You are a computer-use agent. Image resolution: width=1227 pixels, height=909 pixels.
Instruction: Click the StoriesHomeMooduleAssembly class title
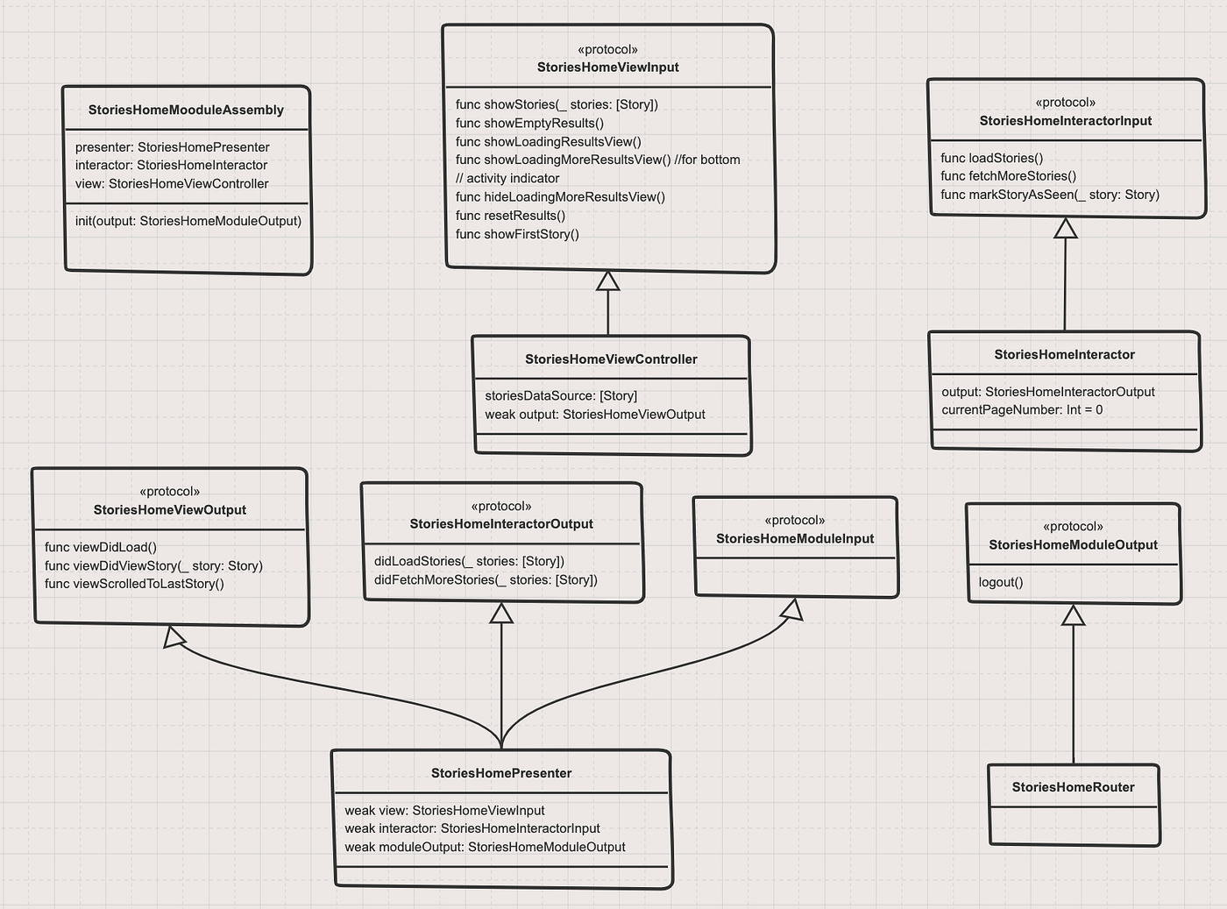click(186, 110)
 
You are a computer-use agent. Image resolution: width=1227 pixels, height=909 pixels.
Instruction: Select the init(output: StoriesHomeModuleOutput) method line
click(188, 221)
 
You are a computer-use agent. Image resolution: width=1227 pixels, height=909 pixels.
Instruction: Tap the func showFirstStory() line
click(517, 234)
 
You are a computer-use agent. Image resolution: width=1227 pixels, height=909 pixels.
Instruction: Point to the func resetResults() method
click(510, 216)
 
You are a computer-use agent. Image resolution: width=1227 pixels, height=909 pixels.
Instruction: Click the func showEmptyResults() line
click(529, 124)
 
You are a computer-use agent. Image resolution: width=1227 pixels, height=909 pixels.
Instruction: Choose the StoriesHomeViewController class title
click(611, 359)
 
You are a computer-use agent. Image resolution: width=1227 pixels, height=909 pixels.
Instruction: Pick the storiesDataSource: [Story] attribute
click(561, 396)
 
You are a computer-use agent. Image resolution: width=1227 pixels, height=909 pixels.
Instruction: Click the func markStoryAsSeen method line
click(1049, 195)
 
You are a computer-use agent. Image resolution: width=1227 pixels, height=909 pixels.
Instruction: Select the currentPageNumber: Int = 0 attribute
click(1022, 410)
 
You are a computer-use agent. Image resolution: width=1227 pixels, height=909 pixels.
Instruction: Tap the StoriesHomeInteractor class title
click(1064, 355)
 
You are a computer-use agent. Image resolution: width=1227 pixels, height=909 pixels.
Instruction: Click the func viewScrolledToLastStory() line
click(134, 584)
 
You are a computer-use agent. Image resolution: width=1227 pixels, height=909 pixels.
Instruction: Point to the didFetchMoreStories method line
click(486, 579)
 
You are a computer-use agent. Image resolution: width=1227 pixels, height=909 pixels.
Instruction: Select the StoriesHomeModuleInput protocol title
click(795, 538)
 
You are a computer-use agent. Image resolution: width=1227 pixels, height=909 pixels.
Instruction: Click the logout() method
click(1001, 582)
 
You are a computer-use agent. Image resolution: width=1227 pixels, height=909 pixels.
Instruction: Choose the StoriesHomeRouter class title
click(1073, 787)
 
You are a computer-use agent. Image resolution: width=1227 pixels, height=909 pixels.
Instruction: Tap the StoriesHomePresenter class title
click(501, 773)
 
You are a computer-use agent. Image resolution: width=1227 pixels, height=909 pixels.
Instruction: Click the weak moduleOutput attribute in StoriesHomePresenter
click(485, 847)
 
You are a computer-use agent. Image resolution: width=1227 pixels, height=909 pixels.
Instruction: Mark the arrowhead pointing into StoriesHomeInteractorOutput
click(501, 613)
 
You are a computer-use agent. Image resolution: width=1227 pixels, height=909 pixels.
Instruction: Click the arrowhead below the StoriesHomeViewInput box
click(607, 281)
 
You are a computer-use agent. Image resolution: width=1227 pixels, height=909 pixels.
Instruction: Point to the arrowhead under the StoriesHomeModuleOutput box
click(1073, 615)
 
